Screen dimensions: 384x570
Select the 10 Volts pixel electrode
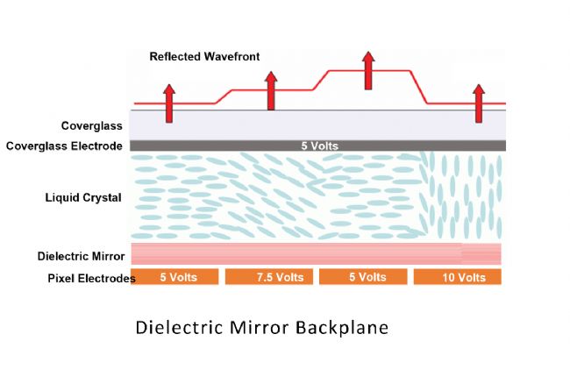[x=457, y=277]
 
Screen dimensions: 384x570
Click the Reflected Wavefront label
[x=204, y=57]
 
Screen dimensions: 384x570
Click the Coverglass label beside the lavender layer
[x=91, y=125]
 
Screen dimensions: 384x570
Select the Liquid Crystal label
[x=83, y=197]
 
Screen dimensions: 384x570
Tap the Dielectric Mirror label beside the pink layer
[x=81, y=256]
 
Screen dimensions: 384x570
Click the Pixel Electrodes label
[x=91, y=278]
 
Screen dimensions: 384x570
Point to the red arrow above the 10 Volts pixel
[x=478, y=103]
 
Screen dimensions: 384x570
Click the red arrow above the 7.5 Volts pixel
[x=271, y=91]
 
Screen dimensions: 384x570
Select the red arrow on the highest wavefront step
[x=367, y=70]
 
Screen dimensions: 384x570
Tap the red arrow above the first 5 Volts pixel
[x=169, y=102]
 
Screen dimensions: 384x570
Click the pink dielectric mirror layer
[x=298, y=254]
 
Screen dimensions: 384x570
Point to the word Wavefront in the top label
[x=231, y=57]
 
